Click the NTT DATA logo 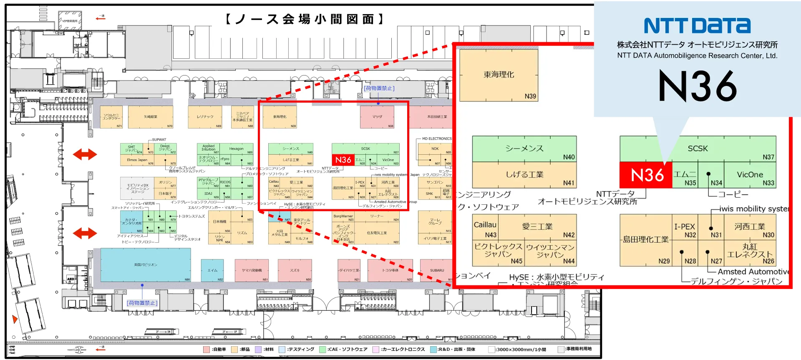tap(697, 25)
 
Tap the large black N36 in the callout tap(698, 86)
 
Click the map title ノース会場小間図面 tap(305, 19)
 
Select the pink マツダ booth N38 tap(377, 117)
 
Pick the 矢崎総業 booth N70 tap(151, 117)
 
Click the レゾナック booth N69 tap(205, 117)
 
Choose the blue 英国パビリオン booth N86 tap(146, 265)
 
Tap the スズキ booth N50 tap(295, 270)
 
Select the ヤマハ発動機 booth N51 tap(252, 270)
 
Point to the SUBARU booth tap(436, 270)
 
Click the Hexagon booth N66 tap(237, 149)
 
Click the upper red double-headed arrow tap(85, 155)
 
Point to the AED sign tap(71, 279)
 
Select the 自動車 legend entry tap(215, 350)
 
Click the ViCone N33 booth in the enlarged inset tap(750, 175)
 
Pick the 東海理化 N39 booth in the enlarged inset tap(499, 75)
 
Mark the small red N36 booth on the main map tap(343, 160)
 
